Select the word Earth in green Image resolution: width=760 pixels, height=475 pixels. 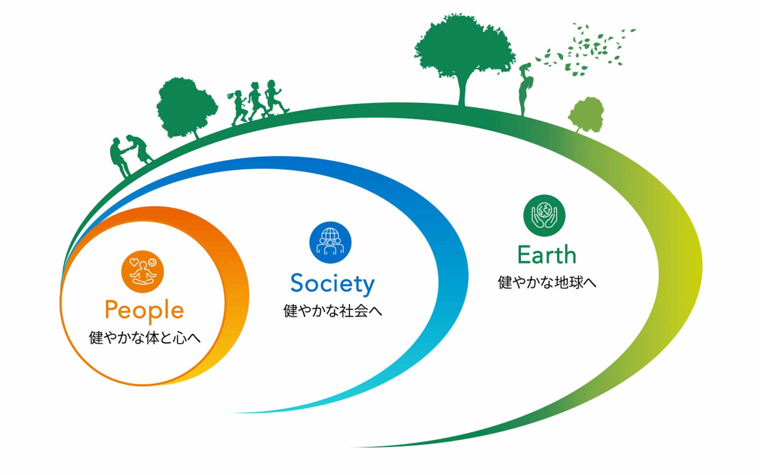click(x=547, y=255)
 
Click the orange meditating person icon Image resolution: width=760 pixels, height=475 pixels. click(x=142, y=272)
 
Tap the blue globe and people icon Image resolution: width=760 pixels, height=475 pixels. click(x=330, y=243)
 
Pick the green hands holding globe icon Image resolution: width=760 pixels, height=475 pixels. click(x=544, y=216)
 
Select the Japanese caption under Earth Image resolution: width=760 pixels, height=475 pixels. click(x=547, y=282)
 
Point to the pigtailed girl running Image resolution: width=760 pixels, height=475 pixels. click(x=238, y=107)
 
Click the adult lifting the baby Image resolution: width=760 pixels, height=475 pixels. click(x=525, y=96)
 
